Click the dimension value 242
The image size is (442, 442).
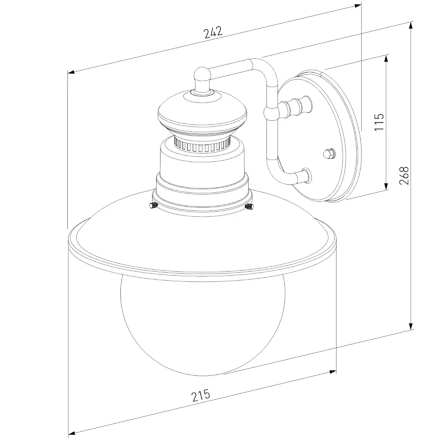coord(213,32)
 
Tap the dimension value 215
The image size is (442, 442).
coord(201,395)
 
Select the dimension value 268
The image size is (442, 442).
coord(404,175)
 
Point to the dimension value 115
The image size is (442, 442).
coord(379,122)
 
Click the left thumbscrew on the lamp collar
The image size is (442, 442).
coord(153,205)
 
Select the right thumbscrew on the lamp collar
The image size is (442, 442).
coord(249,206)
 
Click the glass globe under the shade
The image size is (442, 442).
coord(203,324)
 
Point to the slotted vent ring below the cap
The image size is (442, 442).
coord(202,145)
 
